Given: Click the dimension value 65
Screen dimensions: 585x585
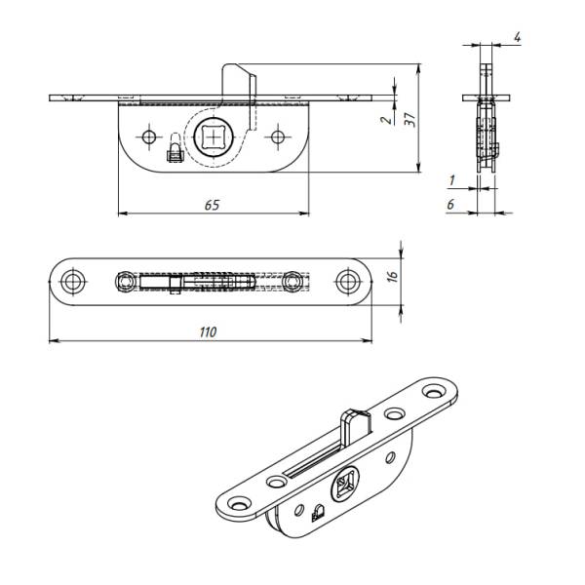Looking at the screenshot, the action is pyautogui.click(x=212, y=205).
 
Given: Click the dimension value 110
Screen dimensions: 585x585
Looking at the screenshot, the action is pyautogui.click(x=208, y=331).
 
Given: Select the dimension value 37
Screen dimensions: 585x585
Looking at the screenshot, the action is pyautogui.click(x=410, y=119).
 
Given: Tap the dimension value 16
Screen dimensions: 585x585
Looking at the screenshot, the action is pyautogui.click(x=393, y=277).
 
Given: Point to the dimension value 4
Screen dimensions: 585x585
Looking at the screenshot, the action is pyautogui.click(x=517, y=37).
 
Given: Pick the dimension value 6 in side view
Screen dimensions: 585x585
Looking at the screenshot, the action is pyautogui.click(x=450, y=204).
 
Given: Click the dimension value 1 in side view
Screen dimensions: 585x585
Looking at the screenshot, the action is pyautogui.click(x=452, y=180).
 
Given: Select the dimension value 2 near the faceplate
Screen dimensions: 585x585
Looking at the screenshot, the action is pyautogui.click(x=387, y=120).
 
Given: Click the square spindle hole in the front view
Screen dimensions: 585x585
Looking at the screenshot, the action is pyautogui.click(x=214, y=137).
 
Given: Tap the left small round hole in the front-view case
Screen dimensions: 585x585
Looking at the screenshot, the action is pyautogui.click(x=149, y=136).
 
